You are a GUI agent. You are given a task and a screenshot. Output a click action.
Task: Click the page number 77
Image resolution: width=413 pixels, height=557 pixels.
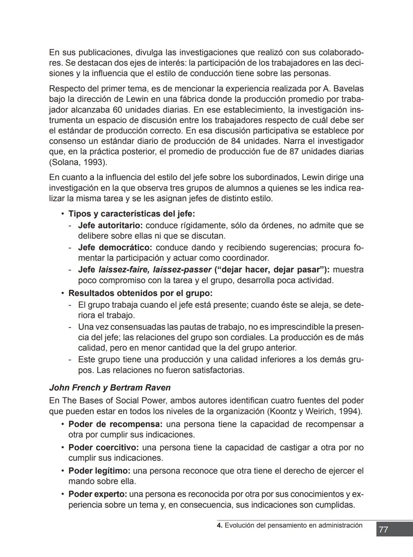click(384, 530)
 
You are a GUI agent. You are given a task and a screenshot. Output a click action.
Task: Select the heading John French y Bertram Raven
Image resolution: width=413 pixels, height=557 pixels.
click(110, 387)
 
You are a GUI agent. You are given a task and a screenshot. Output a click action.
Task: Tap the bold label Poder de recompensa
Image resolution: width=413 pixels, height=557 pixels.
click(115, 424)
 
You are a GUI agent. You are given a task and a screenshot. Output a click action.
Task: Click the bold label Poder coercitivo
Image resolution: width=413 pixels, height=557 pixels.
click(103, 447)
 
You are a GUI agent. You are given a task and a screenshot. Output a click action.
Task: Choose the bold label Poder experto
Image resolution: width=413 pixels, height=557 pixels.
click(98, 494)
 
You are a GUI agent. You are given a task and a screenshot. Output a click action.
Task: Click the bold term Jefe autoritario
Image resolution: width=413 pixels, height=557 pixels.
click(110, 226)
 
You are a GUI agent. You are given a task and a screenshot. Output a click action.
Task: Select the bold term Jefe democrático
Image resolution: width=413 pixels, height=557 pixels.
click(115, 248)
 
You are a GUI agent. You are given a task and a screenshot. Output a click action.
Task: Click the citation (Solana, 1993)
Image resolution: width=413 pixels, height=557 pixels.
click(78, 162)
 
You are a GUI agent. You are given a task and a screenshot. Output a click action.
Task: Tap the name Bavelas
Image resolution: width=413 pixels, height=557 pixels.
click(348, 89)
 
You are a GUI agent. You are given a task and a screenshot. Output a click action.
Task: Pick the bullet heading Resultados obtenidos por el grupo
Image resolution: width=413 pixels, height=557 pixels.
click(140, 293)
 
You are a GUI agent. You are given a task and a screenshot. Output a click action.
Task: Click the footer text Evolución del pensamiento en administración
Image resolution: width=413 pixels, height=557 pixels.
click(293, 525)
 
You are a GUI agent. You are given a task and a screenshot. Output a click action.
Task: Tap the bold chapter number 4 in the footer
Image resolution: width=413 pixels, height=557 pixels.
click(219, 525)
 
